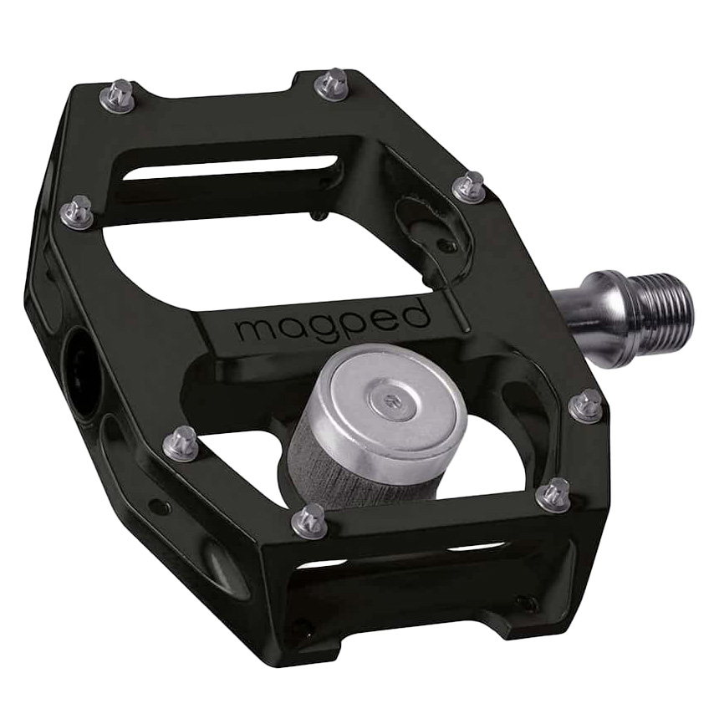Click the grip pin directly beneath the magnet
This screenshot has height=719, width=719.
coord(311,519)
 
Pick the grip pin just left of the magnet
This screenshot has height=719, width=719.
coord(180,442)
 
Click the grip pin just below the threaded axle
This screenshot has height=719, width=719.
coord(587,405)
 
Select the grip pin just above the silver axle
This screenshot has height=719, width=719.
coord(469,186)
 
